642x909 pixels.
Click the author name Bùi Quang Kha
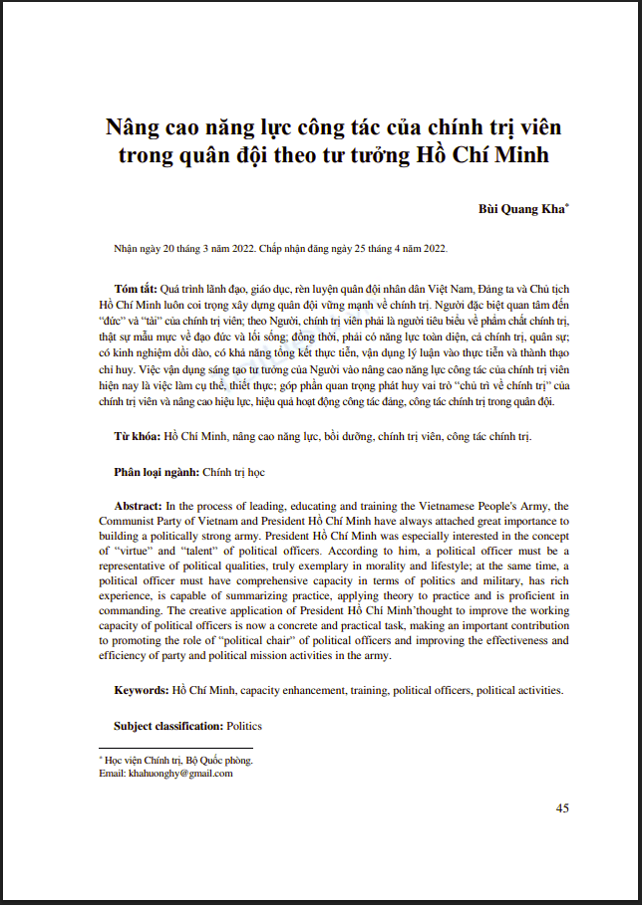(522, 210)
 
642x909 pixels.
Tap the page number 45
(562, 807)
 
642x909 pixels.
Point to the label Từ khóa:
(137, 437)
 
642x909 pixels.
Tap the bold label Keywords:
(142, 690)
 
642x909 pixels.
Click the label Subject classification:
(168, 726)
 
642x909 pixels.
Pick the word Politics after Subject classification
(244, 726)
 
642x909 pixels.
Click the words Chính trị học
(234, 471)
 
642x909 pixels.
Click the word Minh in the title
(520, 156)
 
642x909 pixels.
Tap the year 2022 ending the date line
(435, 249)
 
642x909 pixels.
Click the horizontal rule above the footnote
(175, 748)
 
